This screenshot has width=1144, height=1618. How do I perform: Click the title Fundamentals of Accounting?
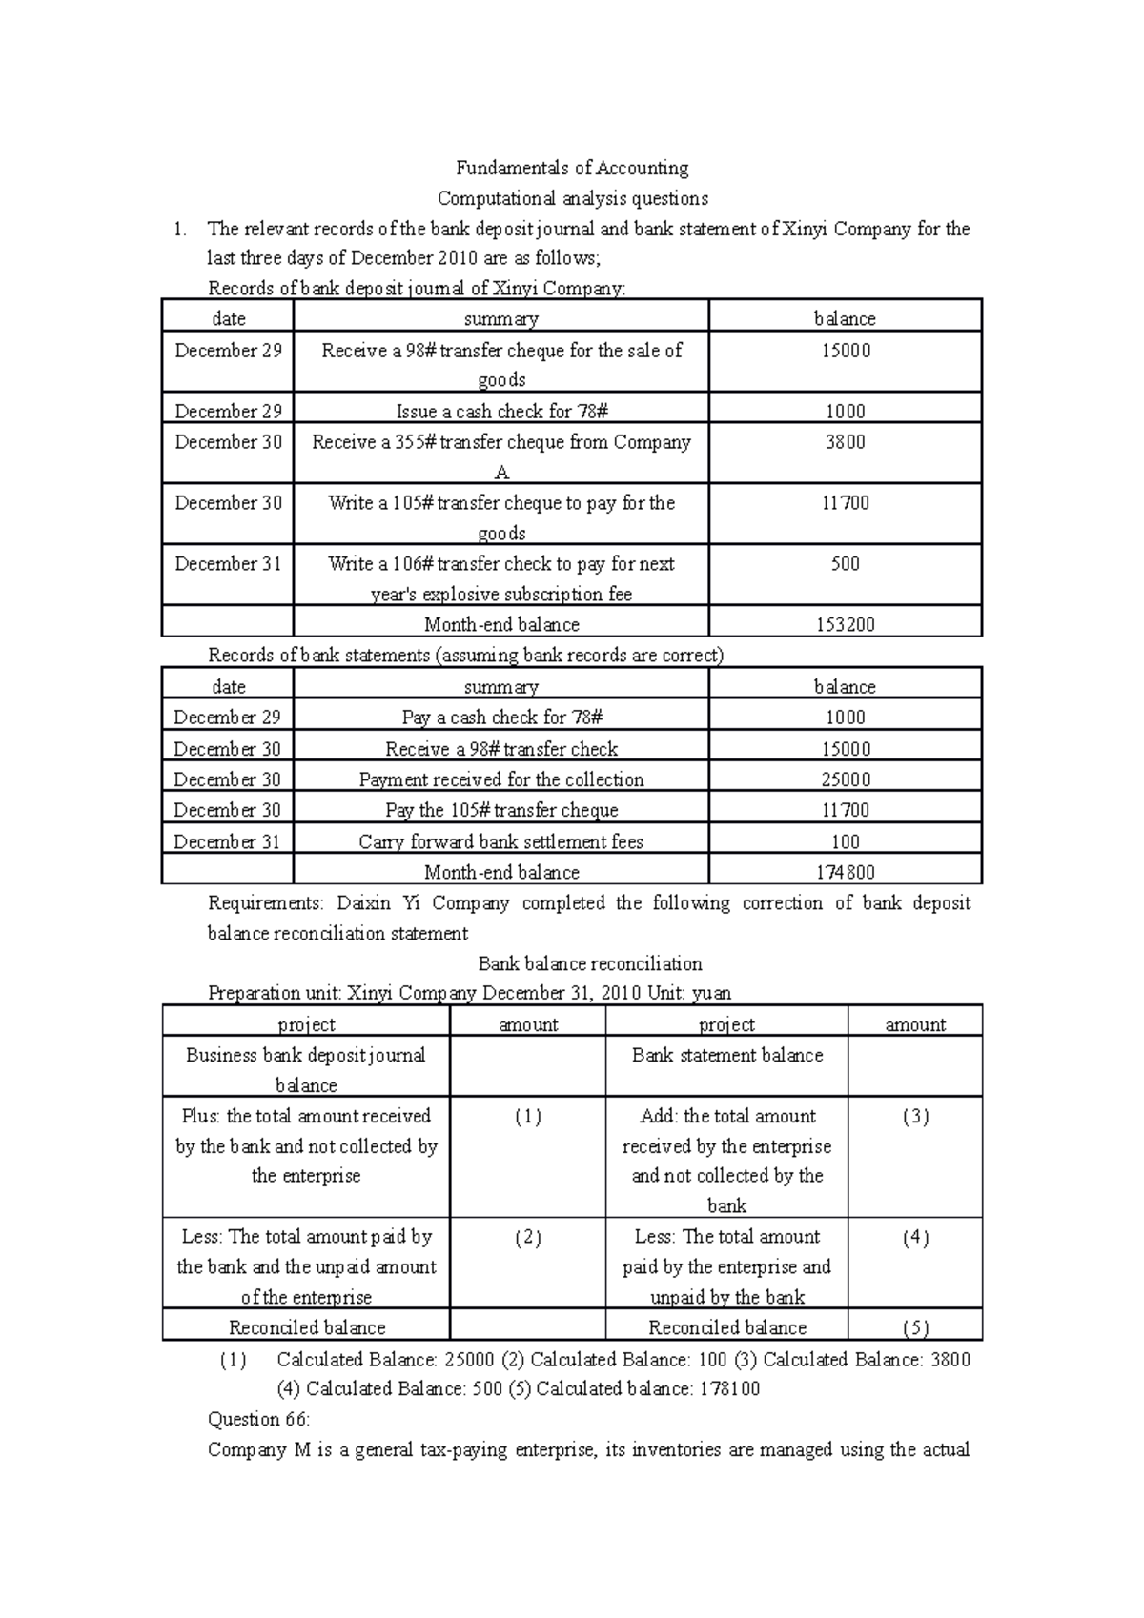pos(572,169)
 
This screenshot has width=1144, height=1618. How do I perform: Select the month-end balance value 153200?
pos(845,625)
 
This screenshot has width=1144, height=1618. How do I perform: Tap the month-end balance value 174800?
pos(845,872)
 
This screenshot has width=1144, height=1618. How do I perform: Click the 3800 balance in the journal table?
pos(845,442)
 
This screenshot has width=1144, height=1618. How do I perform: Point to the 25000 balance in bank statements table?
pos(845,779)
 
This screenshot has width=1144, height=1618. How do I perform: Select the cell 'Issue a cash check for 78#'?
pos(501,412)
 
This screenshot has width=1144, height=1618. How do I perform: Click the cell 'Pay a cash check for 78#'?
pos(501,718)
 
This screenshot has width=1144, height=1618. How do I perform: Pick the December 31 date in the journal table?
pos(228,564)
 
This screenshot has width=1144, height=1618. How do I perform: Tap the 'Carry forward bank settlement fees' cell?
pos(501,841)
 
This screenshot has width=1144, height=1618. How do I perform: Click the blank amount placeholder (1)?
pos(527,1117)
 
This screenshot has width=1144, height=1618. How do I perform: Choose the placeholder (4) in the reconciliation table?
pos(914,1238)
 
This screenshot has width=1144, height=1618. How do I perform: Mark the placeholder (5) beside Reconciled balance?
pos(914,1327)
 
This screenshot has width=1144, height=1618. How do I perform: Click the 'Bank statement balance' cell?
pos(726,1056)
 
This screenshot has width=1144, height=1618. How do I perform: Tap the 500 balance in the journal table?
pos(845,564)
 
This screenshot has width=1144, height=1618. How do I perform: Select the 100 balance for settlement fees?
pos(845,841)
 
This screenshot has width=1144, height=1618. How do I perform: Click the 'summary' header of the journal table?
pos(501,319)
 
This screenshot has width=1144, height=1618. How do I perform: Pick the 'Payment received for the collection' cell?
pos(501,779)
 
